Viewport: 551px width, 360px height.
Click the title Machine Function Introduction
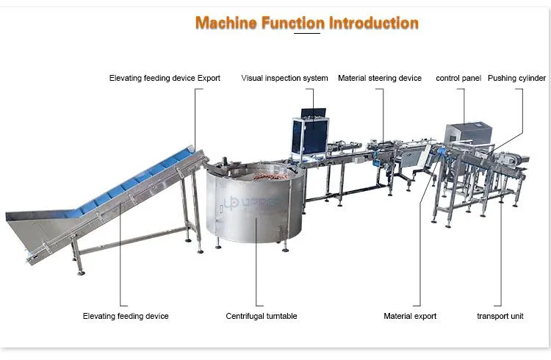(x=307, y=23)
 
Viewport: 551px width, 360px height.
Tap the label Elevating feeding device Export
(x=165, y=78)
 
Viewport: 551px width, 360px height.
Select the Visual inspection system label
(x=284, y=78)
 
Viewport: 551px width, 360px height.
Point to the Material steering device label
(x=380, y=78)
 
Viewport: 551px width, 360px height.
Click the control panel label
(x=458, y=78)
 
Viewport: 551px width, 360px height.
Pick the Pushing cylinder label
(x=516, y=78)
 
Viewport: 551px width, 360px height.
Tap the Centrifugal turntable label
(x=262, y=316)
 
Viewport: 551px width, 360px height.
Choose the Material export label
(x=410, y=316)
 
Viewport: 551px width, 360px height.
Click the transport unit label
(x=500, y=316)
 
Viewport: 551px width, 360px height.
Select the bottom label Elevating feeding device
(x=126, y=316)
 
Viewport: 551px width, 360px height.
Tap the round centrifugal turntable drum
(x=254, y=204)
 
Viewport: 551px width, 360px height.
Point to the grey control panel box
(x=468, y=133)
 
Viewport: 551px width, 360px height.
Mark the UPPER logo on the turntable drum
(x=252, y=202)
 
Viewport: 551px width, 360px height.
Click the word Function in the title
(x=292, y=23)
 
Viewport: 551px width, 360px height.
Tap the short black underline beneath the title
(x=307, y=33)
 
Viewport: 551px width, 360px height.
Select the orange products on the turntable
(x=270, y=176)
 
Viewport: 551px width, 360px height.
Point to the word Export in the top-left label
(x=209, y=78)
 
